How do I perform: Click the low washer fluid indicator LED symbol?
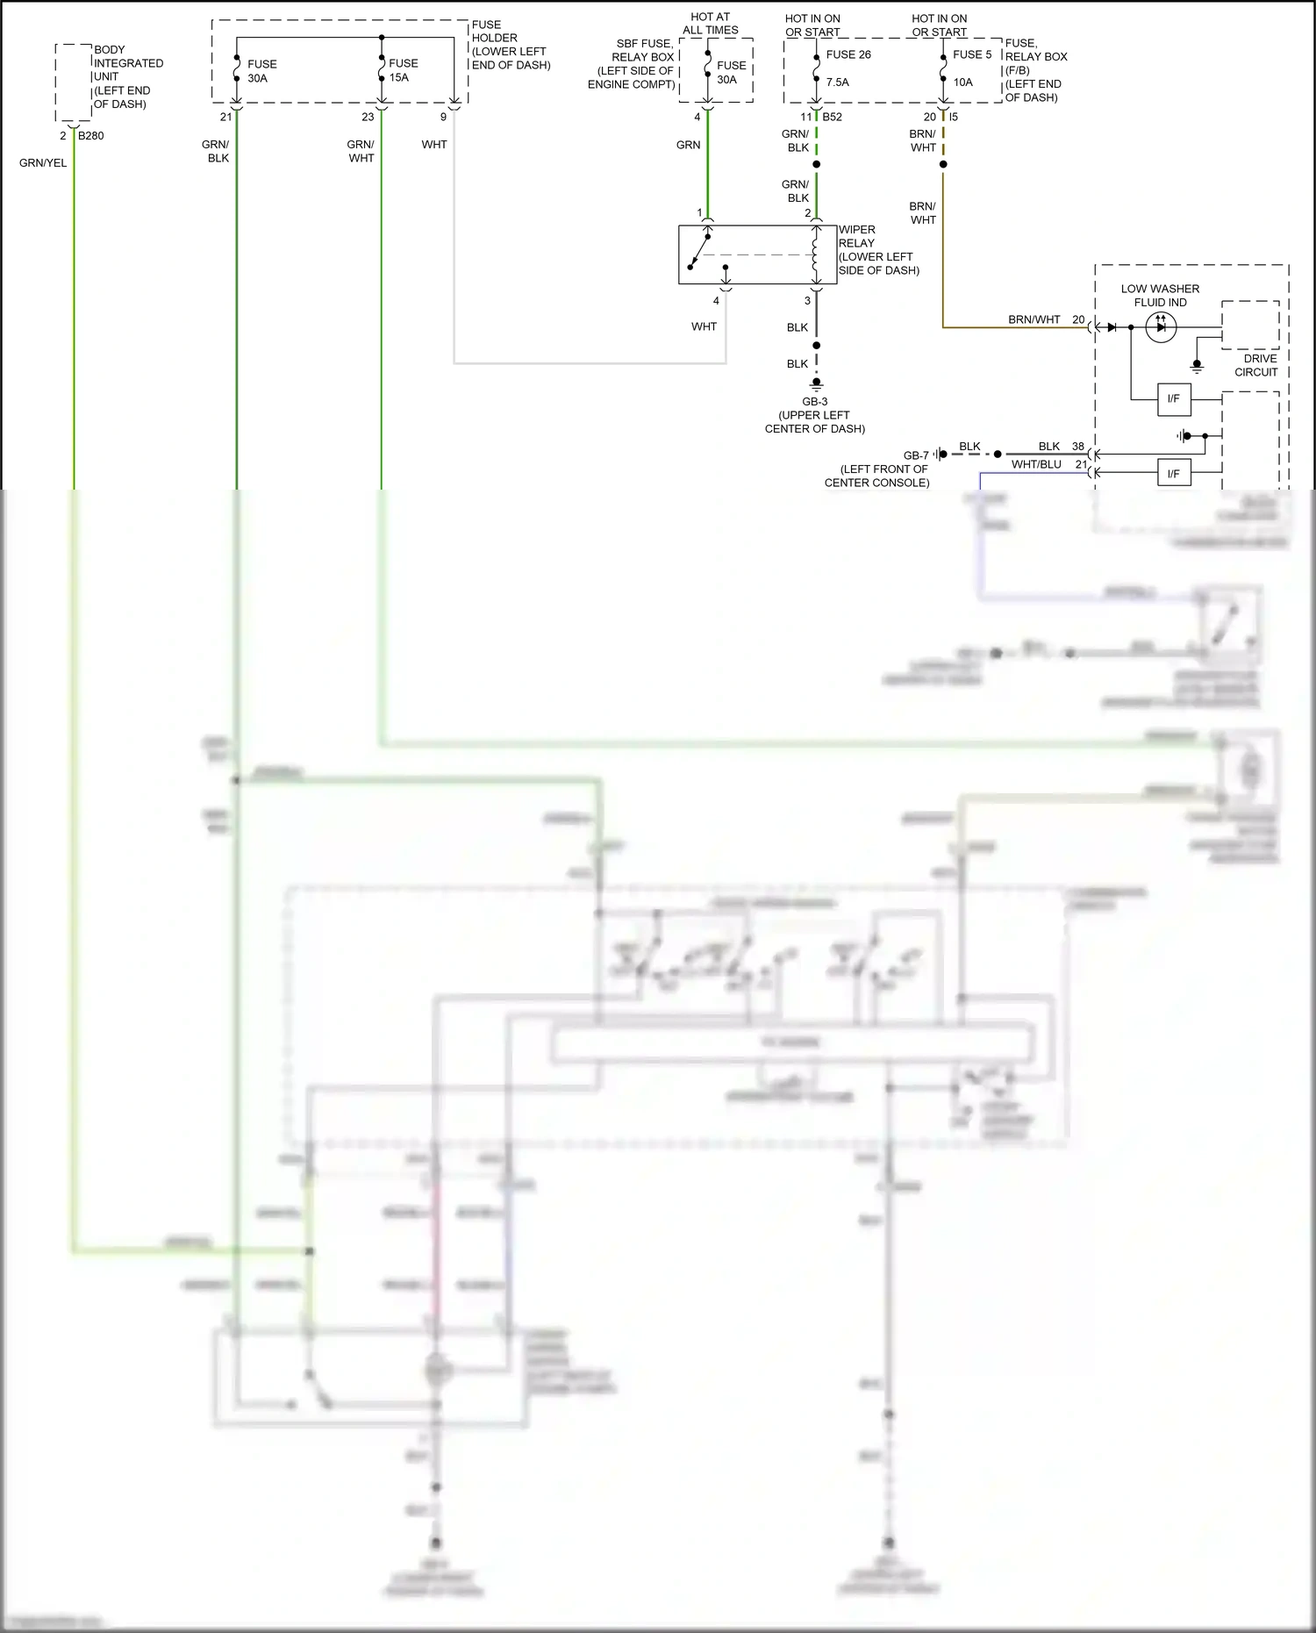click(x=1161, y=327)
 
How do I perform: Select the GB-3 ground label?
click(x=814, y=402)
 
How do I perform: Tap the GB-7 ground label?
click(x=916, y=455)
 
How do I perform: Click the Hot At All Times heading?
click(x=711, y=23)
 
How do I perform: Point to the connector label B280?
click(x=91, y=136)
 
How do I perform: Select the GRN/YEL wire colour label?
click(x=43, y=163)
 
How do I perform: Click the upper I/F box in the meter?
click(x=1173, y=399)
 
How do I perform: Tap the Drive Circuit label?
click(x=1259, y=365)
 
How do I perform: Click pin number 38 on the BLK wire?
click(x=1078, y=447)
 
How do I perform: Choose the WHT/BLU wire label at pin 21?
click(x=1036, y=464)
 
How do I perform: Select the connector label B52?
click(x=832, y=117)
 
